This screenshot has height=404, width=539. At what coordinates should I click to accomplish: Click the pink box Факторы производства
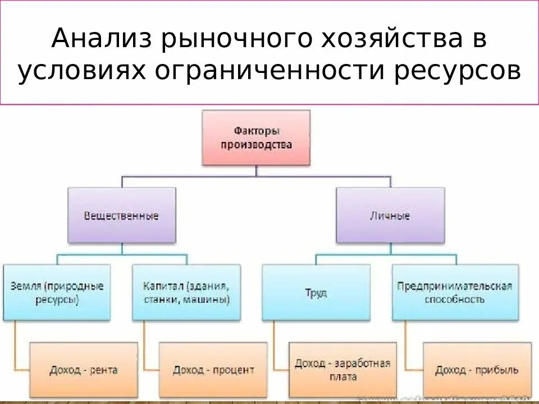(256, 137)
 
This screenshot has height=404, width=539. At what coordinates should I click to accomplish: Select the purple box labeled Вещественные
(121, 215)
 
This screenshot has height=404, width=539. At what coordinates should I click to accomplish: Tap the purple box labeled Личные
(390, 215)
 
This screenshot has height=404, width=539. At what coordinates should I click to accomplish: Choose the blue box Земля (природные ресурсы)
(57, 292)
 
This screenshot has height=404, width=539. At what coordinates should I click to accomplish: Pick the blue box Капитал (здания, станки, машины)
(187, 292)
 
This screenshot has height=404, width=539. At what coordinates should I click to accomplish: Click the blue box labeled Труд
(316, 292)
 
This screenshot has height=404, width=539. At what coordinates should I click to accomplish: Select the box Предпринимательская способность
(455, 292)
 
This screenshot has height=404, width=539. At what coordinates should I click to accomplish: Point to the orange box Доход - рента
(84, 370)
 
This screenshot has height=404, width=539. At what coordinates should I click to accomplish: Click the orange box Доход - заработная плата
(342, 370)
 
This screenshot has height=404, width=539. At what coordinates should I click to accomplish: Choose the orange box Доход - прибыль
(477, 370)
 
